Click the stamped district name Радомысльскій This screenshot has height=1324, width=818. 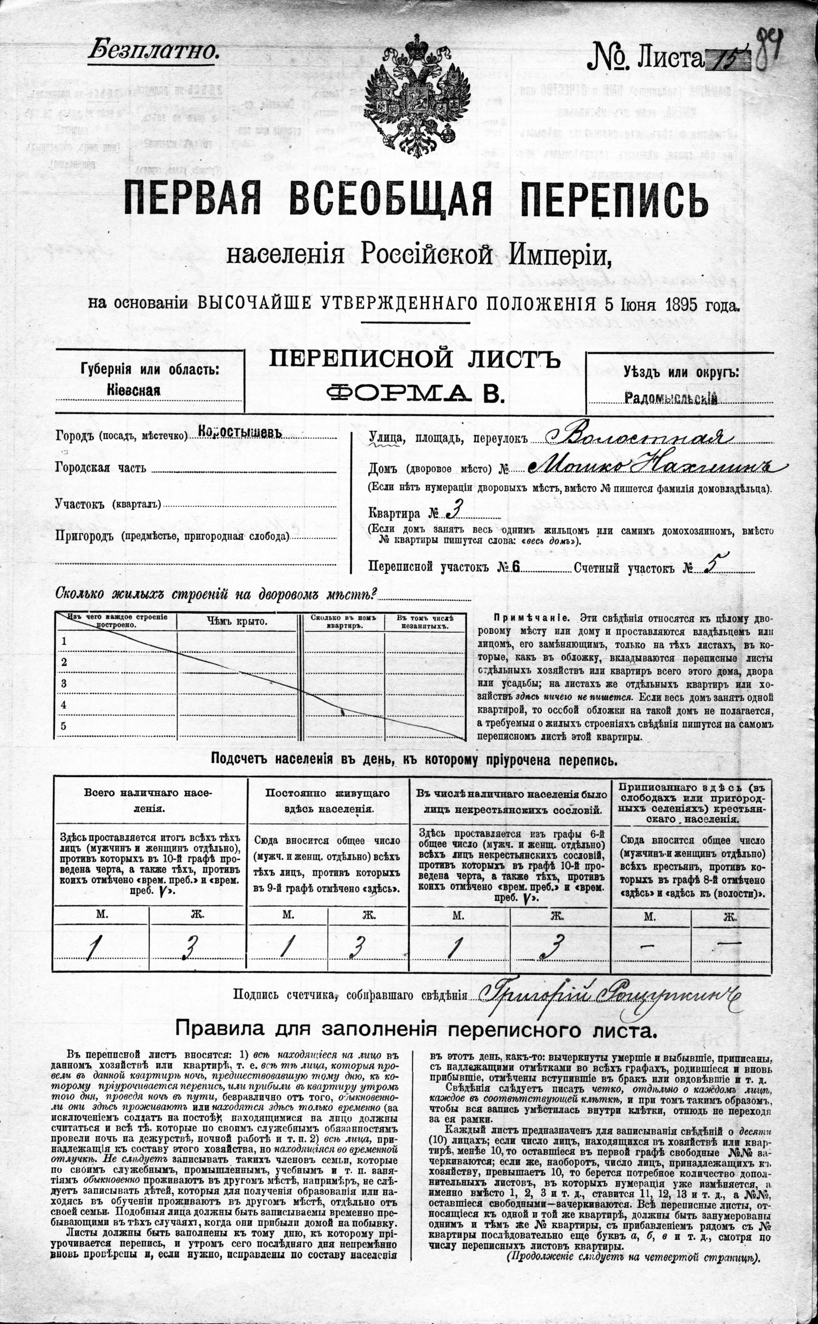click(x=671, y=399)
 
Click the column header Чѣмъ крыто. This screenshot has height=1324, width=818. click(x=237, y=621)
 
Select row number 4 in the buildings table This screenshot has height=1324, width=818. click(x=64, y=705)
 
